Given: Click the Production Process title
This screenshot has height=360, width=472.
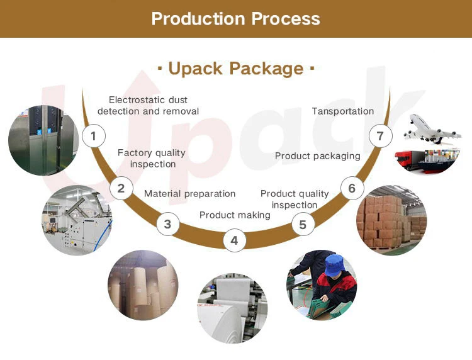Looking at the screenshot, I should pos(235,18).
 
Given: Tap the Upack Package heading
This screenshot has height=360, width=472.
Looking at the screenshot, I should pos(235,68).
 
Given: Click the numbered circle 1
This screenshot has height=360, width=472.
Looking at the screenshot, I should pos(94,135).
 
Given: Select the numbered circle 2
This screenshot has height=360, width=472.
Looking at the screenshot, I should pos(121,188).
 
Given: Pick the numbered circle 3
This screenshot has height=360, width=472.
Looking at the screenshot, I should pos(167,223).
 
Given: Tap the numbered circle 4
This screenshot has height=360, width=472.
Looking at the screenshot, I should pos(234,240).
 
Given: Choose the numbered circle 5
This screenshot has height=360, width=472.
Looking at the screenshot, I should pos(303,224).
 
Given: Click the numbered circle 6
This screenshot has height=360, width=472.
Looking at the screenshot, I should pos(351,188).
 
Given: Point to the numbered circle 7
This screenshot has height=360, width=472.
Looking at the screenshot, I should pos(379,136).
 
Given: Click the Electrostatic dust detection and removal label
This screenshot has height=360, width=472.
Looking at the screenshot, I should pos(148,105).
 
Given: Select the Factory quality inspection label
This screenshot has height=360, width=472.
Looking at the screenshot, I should pos(152,158).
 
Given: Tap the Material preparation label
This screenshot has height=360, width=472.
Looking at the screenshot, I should pos(189,193).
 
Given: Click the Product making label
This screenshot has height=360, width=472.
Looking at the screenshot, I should pos(235,215).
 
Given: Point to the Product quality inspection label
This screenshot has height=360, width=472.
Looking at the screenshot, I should pos(295,199).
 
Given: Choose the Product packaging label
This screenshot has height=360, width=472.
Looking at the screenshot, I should pos(318,155).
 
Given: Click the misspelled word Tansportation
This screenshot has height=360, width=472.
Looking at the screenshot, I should pos(343,111).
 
